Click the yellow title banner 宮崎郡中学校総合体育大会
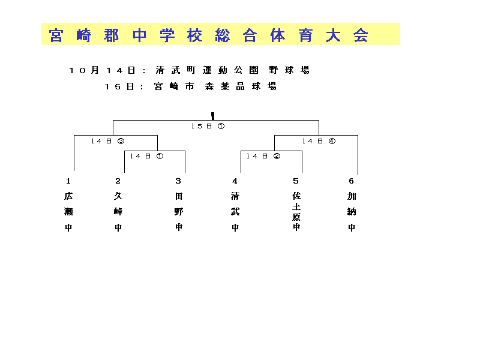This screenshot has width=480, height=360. (x=221, y=34)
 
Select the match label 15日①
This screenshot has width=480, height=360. (x=208, y=126)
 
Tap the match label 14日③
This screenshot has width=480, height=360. (x=108, y=141)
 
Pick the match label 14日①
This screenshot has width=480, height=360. (x=146, y=156)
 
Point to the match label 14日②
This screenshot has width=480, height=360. (x=263, y=156)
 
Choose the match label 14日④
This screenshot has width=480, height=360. (x=319, y=141)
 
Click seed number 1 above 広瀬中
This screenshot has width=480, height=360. (x=68, y=181)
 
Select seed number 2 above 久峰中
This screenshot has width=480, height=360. (x=118, y=181)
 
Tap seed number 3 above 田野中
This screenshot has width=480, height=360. (x=178, y=181)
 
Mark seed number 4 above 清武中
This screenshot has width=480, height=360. (x=235, y=181)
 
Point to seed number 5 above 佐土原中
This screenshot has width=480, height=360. (x=296, y=181)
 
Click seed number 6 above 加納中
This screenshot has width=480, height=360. (x=352, y=181)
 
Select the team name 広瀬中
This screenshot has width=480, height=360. (x=68, y=212)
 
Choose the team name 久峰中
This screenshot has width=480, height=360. (x=118, y=212)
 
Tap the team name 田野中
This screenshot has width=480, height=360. (x=179, y=212)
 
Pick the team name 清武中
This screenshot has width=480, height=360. (x=235, y=212)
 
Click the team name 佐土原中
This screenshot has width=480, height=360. (x=296, y=212)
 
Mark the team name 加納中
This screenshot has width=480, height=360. (x=352, y=212)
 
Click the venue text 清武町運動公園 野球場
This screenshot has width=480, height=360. (x=233, y=70)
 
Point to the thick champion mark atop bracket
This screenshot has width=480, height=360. (x=213, y=116)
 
